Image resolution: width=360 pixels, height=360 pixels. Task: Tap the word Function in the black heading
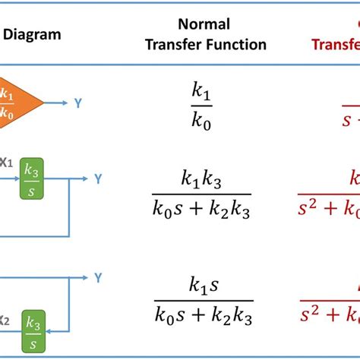[x=236, y=44]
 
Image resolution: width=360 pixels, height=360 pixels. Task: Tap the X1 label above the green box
[x=5, y=161]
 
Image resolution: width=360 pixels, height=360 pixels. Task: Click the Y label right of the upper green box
[x=98, y=178]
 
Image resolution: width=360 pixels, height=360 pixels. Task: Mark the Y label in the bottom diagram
[x=98, y=279]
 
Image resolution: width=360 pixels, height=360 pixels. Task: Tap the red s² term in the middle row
[x=311, y=207]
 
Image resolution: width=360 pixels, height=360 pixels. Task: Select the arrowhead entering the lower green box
[x=47, y=331]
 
